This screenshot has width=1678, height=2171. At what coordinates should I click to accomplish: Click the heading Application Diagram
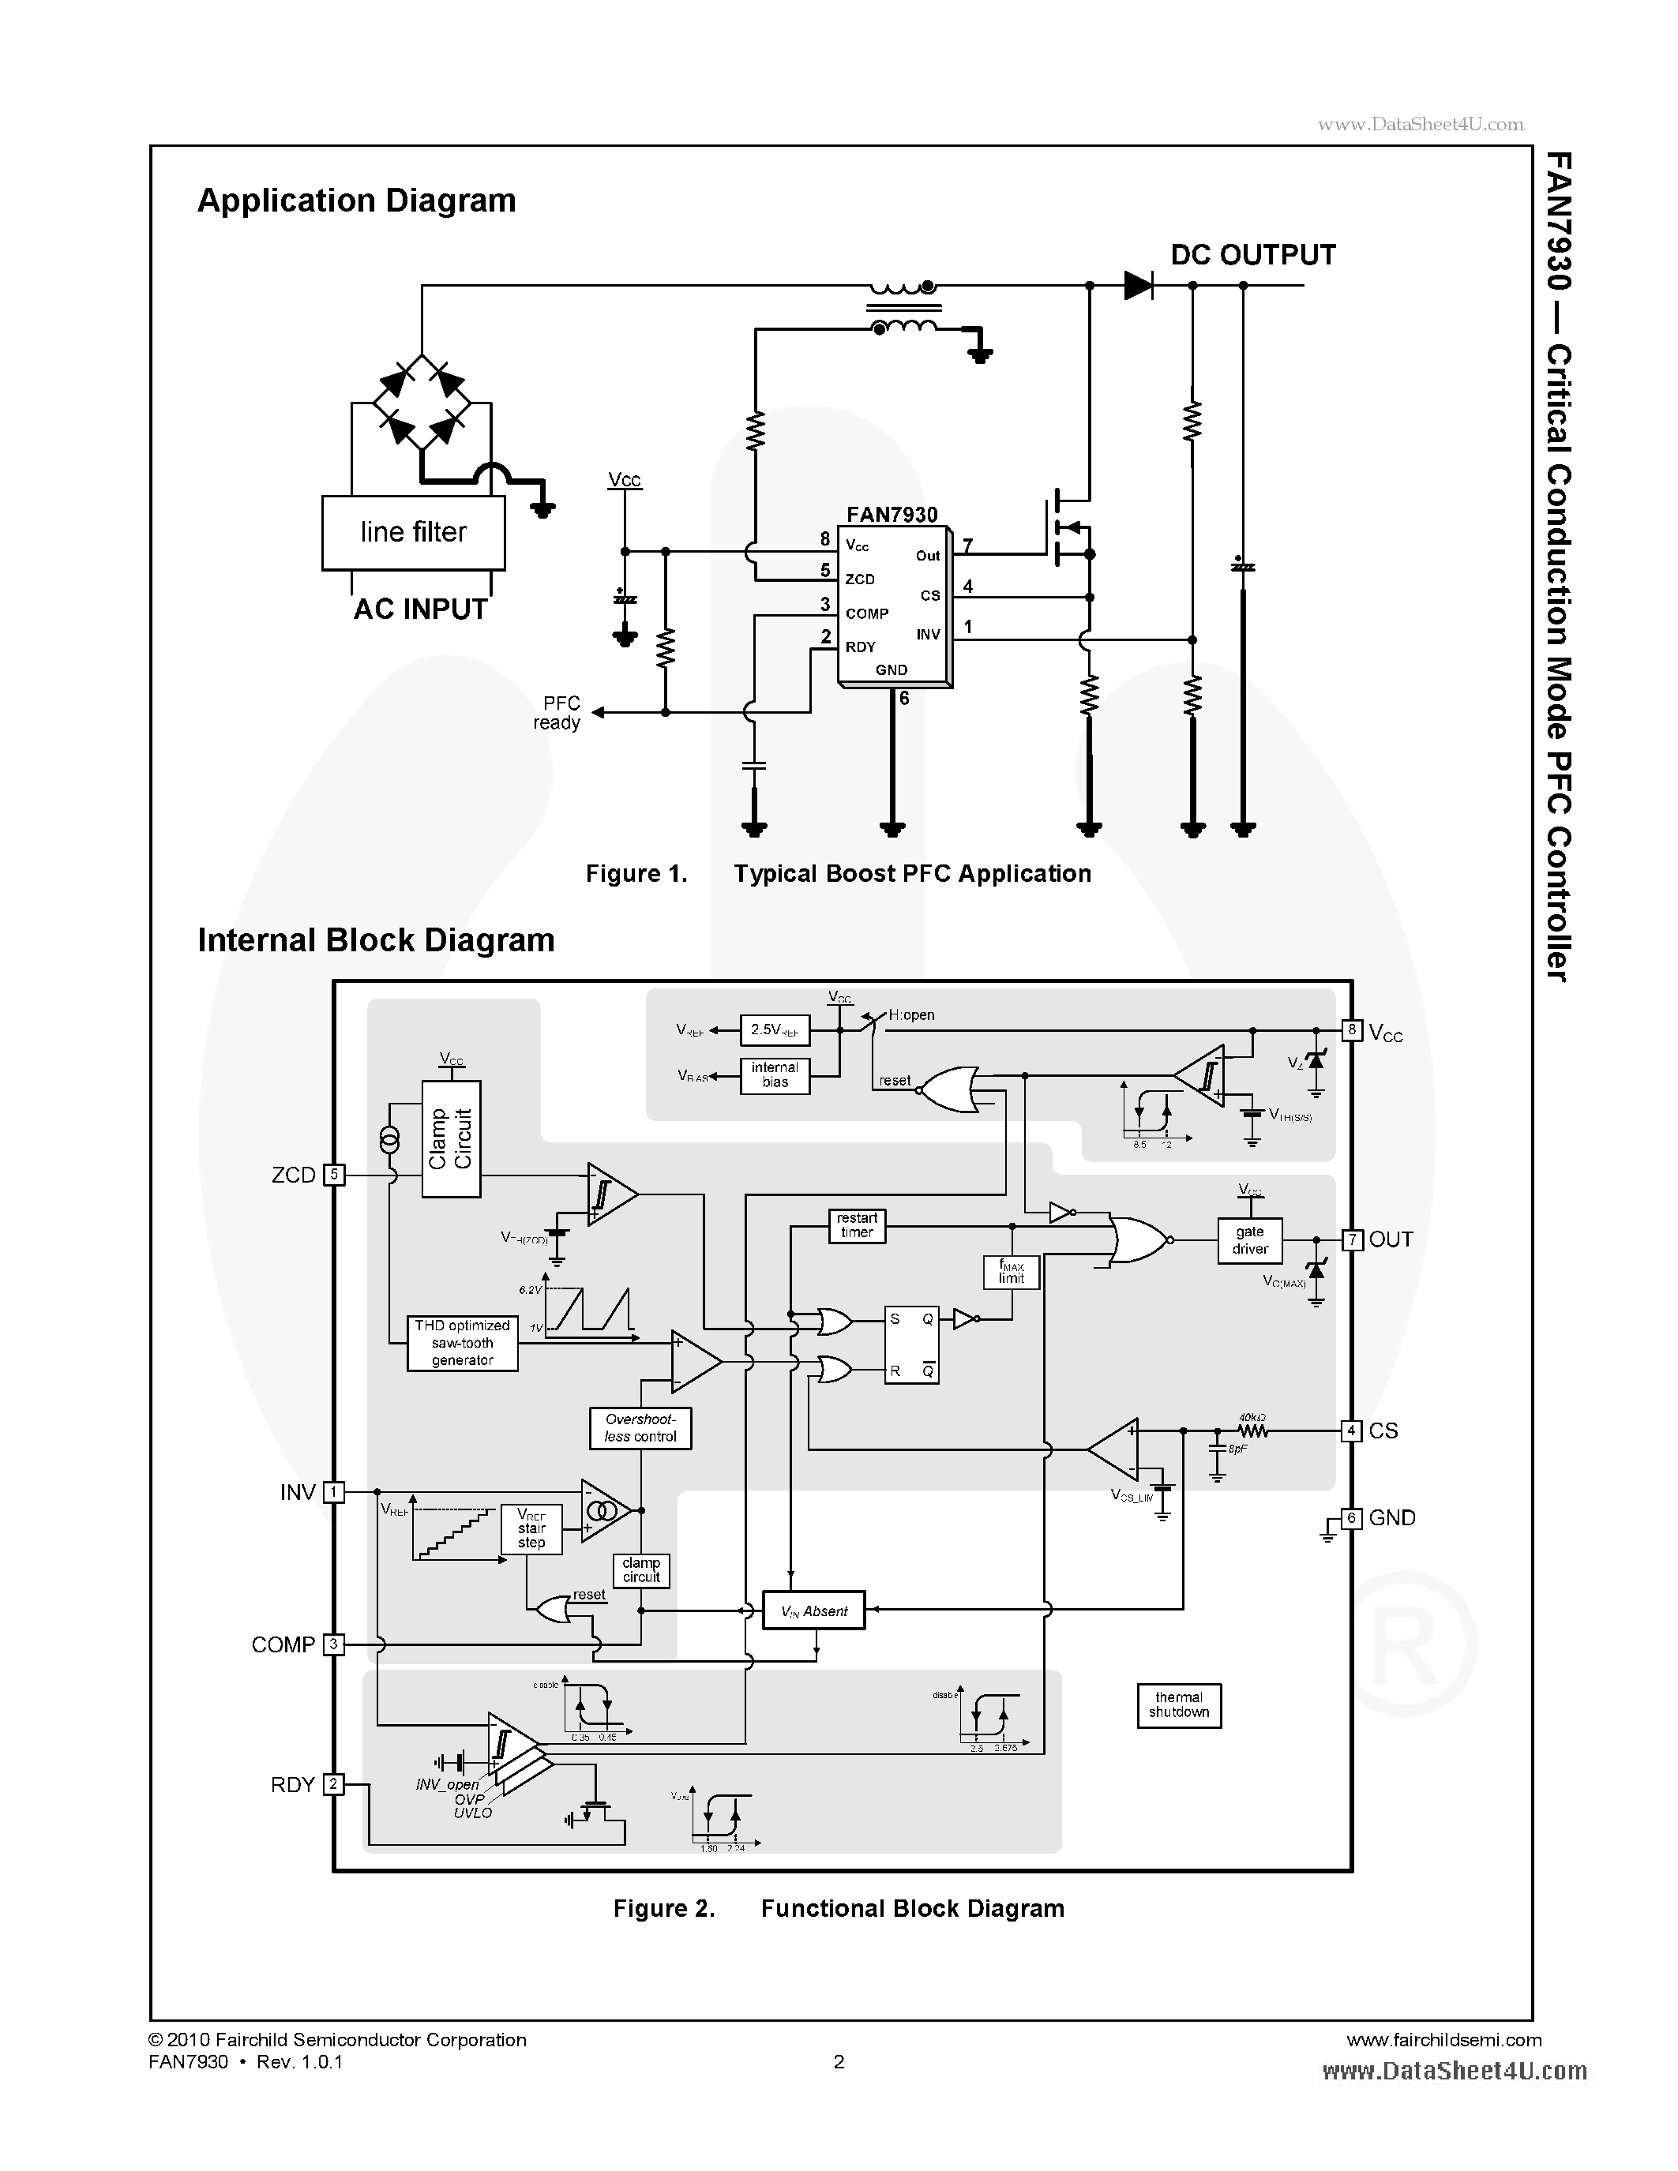[x=356, y=201]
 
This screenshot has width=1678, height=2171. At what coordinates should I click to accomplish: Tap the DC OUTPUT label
[x=1252, y=256]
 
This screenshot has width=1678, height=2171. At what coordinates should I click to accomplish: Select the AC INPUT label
[x=421, y=609]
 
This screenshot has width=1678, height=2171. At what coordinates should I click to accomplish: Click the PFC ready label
[x=557, y=713]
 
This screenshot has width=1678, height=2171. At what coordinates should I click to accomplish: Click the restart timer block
[x=857, y=1226]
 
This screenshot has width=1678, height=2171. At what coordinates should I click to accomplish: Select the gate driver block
[x=1249, y=1240]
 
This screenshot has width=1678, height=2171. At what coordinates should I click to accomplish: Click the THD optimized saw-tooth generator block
[x=462, y=1343]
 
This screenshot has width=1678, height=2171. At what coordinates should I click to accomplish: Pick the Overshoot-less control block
[x=640, y=1428]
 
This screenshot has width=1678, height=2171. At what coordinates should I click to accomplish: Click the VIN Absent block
[x=813, y=1610]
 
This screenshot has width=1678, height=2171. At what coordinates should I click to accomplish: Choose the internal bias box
[x=775, y=1075]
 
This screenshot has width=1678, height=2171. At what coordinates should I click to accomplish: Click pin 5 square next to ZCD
[x=334, y=1175]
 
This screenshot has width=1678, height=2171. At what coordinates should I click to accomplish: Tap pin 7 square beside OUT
[x=1351, y=1239]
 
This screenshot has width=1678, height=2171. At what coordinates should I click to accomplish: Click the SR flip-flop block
[x=911, y=1346]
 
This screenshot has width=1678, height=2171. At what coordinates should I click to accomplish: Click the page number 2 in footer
[x=839, y=2061]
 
